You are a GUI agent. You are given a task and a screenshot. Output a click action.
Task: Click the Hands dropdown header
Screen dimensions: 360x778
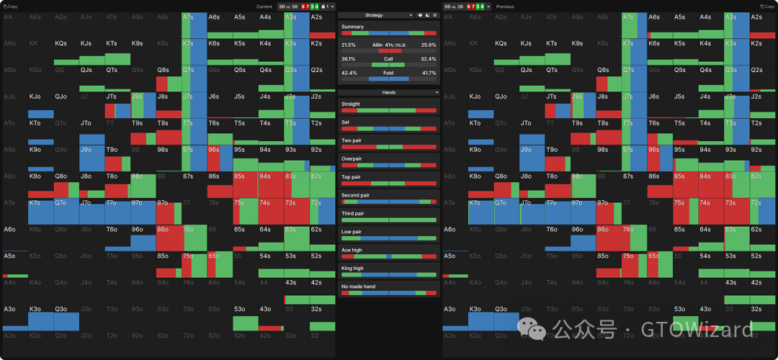tap(388, 92)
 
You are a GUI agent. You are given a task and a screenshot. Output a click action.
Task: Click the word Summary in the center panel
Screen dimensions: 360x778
tap(352, 27)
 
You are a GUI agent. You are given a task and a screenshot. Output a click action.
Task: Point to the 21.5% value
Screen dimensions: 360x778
tap(349, 45)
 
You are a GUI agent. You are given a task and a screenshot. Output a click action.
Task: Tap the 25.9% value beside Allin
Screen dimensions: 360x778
tap(429, 45)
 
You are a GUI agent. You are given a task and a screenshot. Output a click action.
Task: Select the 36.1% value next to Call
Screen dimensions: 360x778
tap(349, 59)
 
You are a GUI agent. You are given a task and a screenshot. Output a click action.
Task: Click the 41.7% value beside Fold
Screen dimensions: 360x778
tap(429, 73)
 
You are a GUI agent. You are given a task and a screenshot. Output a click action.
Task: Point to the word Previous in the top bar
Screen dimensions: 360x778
tap(505, 6)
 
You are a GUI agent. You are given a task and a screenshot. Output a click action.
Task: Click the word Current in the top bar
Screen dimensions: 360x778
tap(264, 6)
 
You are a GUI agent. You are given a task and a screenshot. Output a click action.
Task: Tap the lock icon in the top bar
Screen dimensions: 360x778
tap(324, 6)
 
